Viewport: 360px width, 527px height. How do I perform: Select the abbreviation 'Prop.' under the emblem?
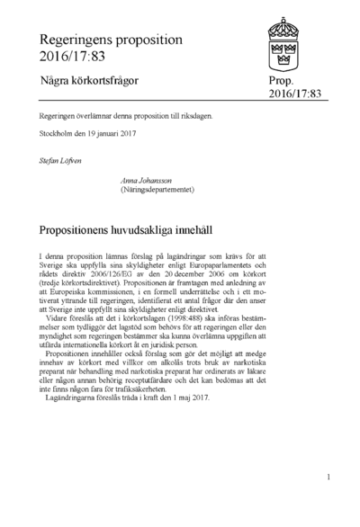282,81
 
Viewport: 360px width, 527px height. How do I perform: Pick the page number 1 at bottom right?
328,478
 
